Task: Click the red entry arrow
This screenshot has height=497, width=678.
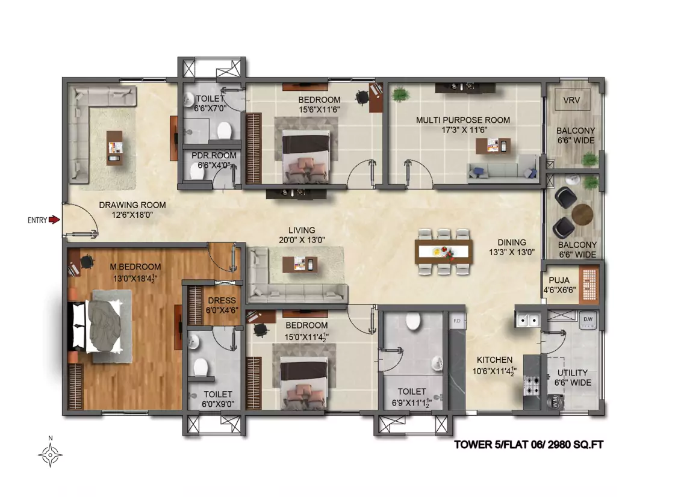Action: click(x=54, y=220)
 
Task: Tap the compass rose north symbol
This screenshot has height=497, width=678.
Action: click(x=50, y=454)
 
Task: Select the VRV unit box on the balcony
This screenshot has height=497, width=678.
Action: click(x=573, y=100)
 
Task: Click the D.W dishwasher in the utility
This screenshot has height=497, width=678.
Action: click(x=588, y=320)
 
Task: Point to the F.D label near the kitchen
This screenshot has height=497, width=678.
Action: click(x=456, y=321)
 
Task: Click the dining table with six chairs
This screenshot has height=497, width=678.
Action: click(x=443, y=252)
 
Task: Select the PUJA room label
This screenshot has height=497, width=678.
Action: click(x=559, y=280)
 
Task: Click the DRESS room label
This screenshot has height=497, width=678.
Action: click(x=222, y=300)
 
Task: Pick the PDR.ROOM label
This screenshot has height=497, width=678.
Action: click(x=214, y=155)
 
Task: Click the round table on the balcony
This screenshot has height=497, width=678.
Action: click(x=582, y=214)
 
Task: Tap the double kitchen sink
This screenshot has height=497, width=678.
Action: click(x=528, y=321)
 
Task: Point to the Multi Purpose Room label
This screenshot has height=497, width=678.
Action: click(x=462, y=120)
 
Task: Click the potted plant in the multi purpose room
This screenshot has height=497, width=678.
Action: click(x=400, y=94)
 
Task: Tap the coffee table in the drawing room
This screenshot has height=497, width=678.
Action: click(x=114, y=147)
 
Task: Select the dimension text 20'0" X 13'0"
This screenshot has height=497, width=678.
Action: click(x=302, y=240)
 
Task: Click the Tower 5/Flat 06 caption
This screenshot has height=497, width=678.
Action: click(x=529, y=444)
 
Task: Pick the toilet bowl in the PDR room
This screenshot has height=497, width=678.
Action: click(x=197, y=173)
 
